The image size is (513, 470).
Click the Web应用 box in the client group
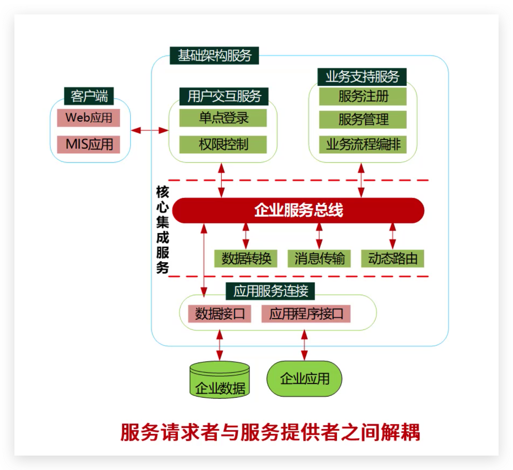click(x=88, y=118)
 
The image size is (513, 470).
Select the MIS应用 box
click(x=88, y=145)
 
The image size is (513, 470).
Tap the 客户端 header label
click(x=89, y=96)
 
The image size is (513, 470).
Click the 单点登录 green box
click(x=223, y=118)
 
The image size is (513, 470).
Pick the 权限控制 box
click(x=223, y=145)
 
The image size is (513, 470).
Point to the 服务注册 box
click(x=363, y=97)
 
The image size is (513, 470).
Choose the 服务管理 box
click(x=363, y=120)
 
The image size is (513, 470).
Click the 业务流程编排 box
click(x=363, y=145)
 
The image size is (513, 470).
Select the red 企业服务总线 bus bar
click(x=298, y=210)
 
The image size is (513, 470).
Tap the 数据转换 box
click(x=246, y=258)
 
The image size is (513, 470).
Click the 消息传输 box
click(x=319, y=258)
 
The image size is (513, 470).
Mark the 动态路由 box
click(x=393, y=258)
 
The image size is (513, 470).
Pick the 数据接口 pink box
click(x=219, y=314)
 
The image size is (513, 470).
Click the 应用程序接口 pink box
click(x=306, y=314)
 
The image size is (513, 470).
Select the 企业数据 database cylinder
click(x=220, y=380)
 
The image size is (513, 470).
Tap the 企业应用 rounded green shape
click(x=304, y=379)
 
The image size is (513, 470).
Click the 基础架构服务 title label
click(x=214, y=56)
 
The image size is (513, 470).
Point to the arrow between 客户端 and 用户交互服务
click(x=149, y=130)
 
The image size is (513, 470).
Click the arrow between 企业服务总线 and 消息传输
click(x=319, y=236)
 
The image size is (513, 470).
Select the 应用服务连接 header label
click(x=270, y=291)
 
